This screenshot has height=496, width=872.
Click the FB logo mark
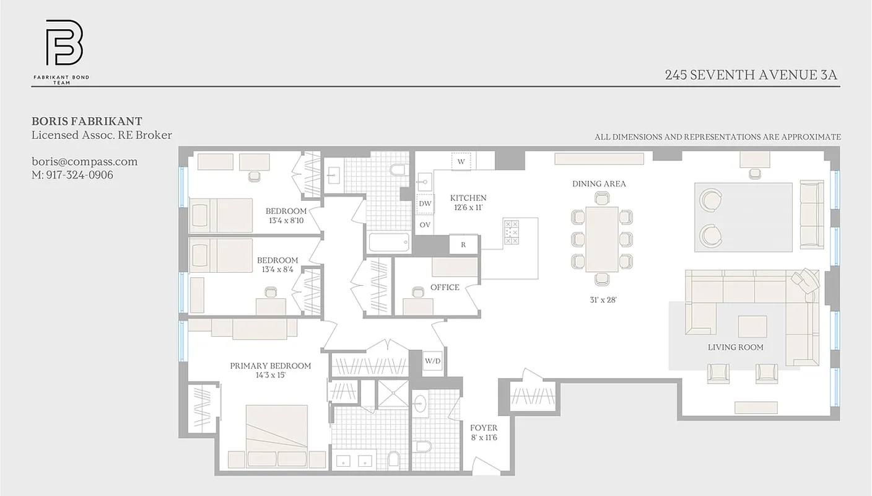[64, 43]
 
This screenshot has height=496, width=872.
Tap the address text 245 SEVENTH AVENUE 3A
[751, 75]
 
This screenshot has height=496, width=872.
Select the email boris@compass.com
[85, 162]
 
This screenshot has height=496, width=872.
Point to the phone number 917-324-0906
[72, 175]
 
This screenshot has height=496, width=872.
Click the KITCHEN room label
[468, 198]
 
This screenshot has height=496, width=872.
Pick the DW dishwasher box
[425, 203]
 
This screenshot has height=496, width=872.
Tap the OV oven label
[425, 224]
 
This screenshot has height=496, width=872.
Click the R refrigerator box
[463, 244]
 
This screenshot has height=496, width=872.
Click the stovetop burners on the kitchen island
[512, 231]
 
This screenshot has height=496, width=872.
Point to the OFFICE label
[445, 287]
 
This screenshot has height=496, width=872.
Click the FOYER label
[483, 428]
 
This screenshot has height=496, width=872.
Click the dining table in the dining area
[602, 238]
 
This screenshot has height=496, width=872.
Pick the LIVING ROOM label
[735, 347]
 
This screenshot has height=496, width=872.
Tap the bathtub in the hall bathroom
[390, 242]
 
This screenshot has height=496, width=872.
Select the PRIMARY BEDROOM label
[270, 366]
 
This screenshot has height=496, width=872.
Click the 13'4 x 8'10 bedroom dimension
[286, 220]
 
